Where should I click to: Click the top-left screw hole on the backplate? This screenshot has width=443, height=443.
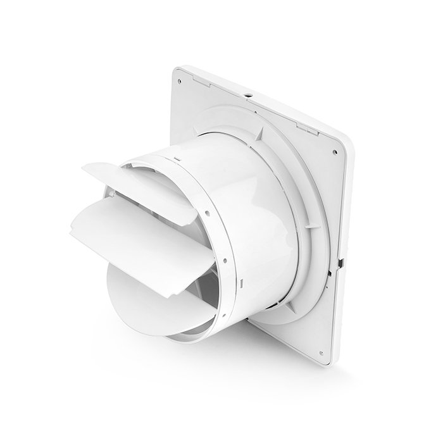pyautogui.click(x=180, y=81)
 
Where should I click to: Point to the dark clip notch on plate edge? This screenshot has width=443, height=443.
pyautogui.click(x=340, y=261)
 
